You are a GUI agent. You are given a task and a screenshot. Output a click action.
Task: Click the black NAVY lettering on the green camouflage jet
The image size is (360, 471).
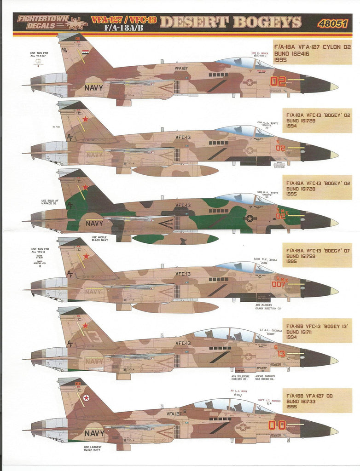(95, 224)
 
